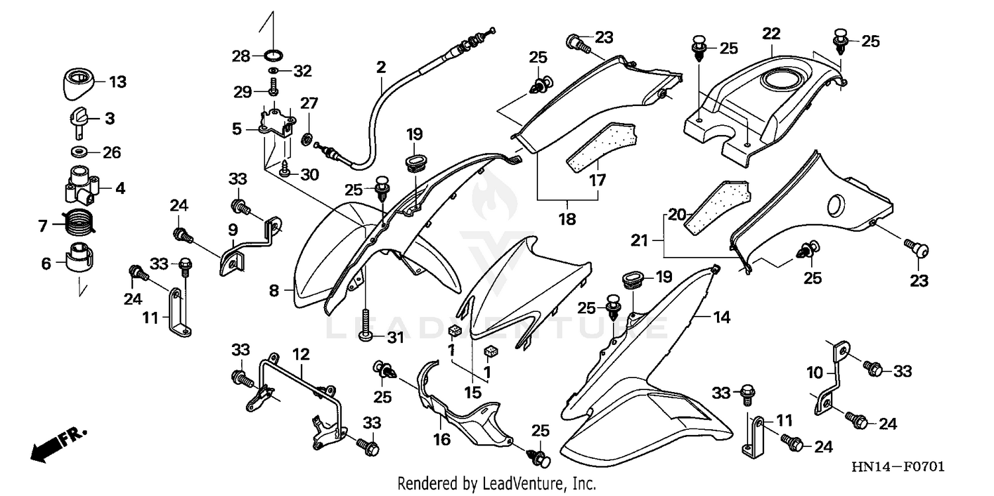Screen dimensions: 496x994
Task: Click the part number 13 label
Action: pos(117,82)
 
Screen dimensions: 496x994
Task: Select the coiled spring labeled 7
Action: pos(81,221)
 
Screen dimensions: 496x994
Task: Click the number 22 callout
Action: pos(771,33)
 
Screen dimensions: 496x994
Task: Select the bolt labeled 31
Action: pos(365,324)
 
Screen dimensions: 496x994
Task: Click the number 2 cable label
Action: pos(380,67)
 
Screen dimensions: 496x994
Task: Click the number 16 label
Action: pos(442,439)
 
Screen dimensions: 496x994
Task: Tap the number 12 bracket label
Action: pos(301,355)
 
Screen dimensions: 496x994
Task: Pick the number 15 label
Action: pos(472,392)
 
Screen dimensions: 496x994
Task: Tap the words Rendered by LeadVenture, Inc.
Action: pos(496,483)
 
